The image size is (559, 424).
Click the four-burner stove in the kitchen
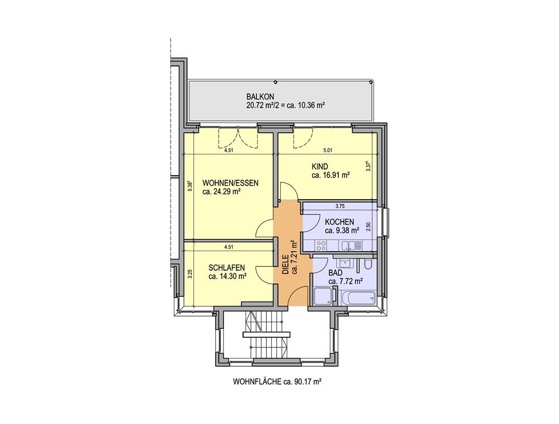pos(321,246)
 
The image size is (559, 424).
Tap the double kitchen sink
pos(352,246)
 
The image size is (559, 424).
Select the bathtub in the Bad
pos(358,298)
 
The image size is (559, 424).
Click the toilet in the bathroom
pos(368,264)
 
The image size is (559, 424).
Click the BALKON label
pos(260,96)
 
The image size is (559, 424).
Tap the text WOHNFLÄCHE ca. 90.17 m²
pos(277,382)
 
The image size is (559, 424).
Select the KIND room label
pos(319,167)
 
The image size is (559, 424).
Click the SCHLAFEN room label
pos(227,267)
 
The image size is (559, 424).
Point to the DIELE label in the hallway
pos(285,265)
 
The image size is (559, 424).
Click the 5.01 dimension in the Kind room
pos(328,150)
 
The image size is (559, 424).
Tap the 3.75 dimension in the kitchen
pos(340,206)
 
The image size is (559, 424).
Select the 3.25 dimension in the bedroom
pos(190,274)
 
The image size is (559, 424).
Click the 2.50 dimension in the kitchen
pos(368,227)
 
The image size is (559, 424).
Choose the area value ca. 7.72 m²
pos(345,281)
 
